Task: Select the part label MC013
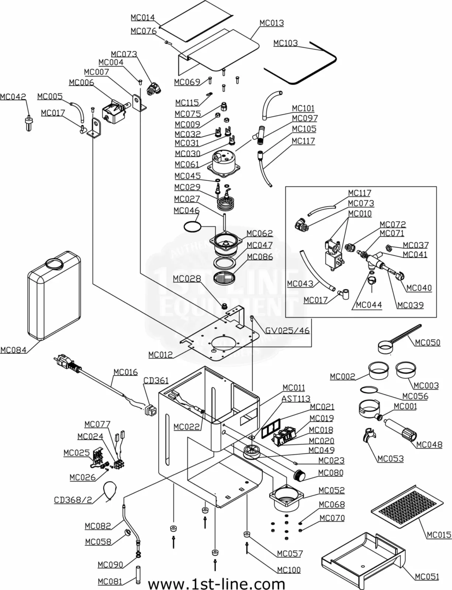272,23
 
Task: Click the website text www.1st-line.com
217,584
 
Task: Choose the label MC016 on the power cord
125,372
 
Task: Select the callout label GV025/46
287,330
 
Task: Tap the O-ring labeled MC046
192,226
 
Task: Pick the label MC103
285,43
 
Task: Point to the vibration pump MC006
114,111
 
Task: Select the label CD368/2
73,500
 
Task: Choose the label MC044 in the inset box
369,305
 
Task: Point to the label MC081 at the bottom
110,582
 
